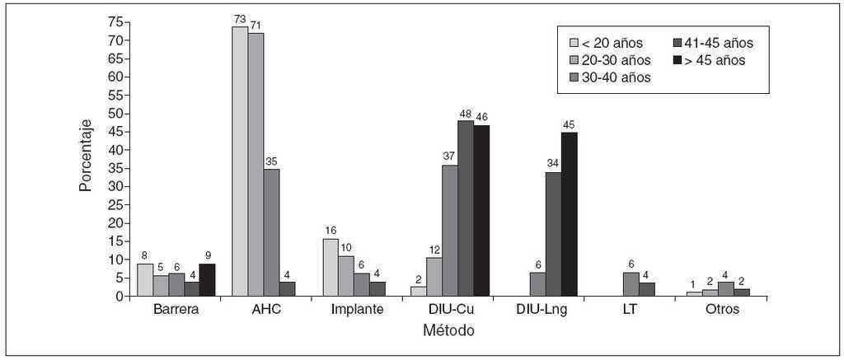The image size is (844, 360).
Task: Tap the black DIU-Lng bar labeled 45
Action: click(x=569, y=214)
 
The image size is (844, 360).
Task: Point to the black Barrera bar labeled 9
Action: click(x=207, y=280)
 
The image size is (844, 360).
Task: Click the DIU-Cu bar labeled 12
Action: click(x=434, y=277)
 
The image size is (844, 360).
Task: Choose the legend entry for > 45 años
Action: click(x=709, y=60)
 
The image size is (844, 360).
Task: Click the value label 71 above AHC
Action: click(x=256, y=26)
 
